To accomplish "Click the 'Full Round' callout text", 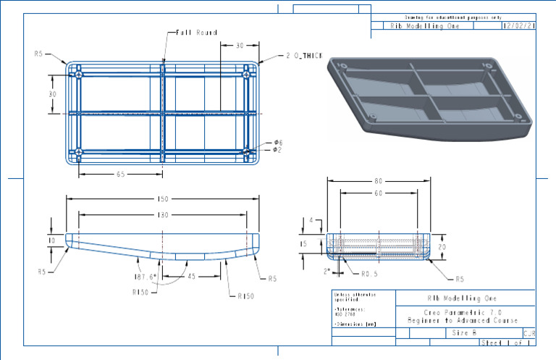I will [197, 33].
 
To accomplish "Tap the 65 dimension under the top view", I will [120, 175].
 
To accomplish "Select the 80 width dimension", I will [377, 181].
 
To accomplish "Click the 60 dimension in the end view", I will [377, 194].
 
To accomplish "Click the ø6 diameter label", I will [277, 143].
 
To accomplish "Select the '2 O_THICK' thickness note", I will [303, 55].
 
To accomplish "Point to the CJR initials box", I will [528, 333].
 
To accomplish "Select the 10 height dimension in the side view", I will [51, 240].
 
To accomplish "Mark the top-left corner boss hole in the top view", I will [77, 73].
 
